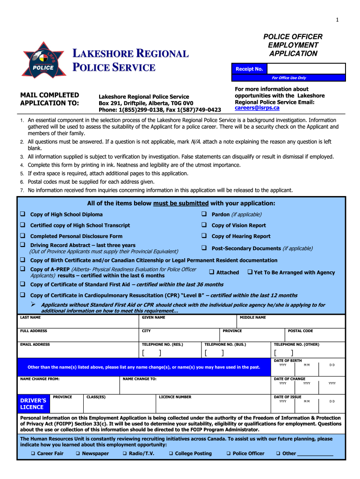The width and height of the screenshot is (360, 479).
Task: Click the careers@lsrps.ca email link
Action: coord(257,108)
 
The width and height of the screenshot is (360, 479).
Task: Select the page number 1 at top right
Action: coord(337,19)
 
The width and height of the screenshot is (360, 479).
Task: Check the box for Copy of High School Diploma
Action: coord(22,214)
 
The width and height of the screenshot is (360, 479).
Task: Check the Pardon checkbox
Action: coord(204,214)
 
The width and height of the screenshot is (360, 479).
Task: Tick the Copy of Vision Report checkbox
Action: coord(204,225)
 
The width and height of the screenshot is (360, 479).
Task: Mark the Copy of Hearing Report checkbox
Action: coord(204,236)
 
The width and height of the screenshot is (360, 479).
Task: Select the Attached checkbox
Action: coord(211,272)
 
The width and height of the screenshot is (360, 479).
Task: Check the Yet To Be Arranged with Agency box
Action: coord(249,272)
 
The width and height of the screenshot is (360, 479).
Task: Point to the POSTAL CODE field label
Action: coord(300,331)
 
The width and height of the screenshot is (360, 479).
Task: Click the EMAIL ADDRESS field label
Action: coord(35,345)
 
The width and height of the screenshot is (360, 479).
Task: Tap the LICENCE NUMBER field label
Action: coord(175,397)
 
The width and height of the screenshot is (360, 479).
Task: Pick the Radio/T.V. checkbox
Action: coord(125,453)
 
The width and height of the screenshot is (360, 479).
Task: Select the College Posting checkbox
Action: coord(171,453)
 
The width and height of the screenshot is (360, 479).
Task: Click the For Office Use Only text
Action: coord(288,78)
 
